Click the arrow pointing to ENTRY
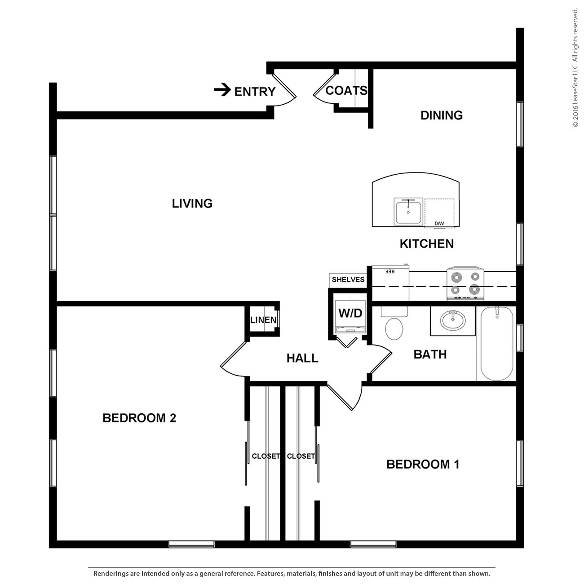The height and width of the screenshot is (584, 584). [x=223, y=90]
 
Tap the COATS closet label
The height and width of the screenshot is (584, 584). [x=346, y=90]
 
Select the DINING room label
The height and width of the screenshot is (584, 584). [x=442, y=115]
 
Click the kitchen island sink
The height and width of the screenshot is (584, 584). [x=408, y=212]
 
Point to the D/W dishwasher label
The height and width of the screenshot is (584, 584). [x=439, y=223]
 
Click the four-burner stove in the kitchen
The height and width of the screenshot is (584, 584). [x=465, y=283]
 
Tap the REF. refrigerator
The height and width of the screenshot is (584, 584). [x=390, y=283]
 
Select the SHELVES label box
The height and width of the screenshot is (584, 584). [x=348, y=280]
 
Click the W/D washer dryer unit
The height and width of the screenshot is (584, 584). [x=350, y=317]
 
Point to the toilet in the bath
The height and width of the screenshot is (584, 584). [x=394, y=323]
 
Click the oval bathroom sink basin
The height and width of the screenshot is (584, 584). [x=453, y=320]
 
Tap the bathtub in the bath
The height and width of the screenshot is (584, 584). [x=496, y=344]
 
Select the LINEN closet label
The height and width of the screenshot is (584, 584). [x=263, y=320]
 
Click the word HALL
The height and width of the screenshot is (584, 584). [x=302, y=358]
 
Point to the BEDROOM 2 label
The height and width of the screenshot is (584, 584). [x=139, y=418]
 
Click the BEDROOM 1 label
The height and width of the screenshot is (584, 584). [x=423, y=465]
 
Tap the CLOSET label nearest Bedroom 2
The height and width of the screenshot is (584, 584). [x=266, y=456]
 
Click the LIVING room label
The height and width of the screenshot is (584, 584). [x=192, y=204]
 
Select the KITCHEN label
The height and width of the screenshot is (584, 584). [x=427, y=243]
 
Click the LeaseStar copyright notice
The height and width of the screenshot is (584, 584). [x=575, y=68]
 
